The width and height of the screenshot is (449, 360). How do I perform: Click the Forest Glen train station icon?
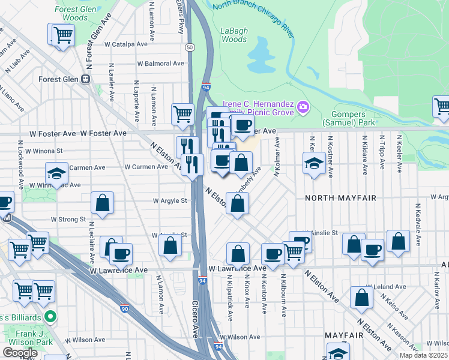click(86, 79)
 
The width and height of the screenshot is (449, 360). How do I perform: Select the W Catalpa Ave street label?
click(126, 44)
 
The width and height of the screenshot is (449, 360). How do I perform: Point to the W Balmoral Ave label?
click(160, 64)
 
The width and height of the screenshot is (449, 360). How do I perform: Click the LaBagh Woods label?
click(234, 35)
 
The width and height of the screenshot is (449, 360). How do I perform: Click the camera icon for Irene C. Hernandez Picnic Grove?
click(303, 107)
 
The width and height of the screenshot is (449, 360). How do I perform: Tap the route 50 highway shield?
click(190, 47)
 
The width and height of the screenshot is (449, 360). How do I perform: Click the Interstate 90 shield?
click(124, 309)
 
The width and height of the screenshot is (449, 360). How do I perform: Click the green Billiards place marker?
click(52, 315)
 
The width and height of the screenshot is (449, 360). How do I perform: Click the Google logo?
click(20, 353)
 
